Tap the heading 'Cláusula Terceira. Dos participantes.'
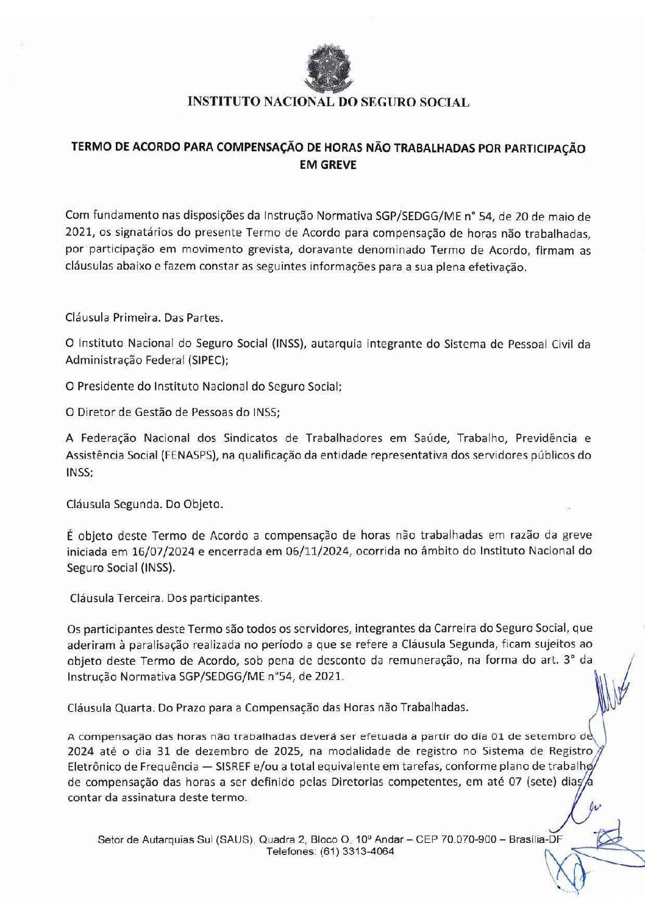point(166,598)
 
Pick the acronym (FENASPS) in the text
point(190,455)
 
